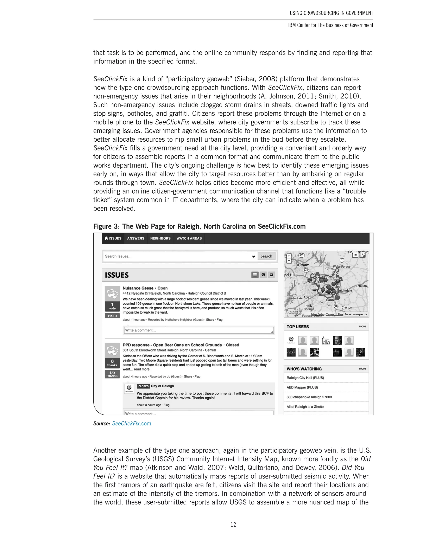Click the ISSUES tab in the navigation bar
pos(113,238)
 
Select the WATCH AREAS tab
pos(189,238)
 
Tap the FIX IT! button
pos(112,316)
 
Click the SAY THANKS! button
pos(112,374)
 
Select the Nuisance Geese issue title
pos(138,288)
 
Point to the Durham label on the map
pos(302,265)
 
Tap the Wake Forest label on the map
pos(341,266)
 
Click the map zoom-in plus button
pos(289,256)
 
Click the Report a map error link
pos(356,314)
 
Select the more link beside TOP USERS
pos(362,326)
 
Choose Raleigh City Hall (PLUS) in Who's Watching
pos(305,378)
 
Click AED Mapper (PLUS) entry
pos(302,387)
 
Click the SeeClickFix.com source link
pos(132,424)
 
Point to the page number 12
pos(233,525)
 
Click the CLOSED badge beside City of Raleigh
pos(143,386)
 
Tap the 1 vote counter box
pos(112,306)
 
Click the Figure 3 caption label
pos(199,226)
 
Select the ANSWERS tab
pos(135,238)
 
